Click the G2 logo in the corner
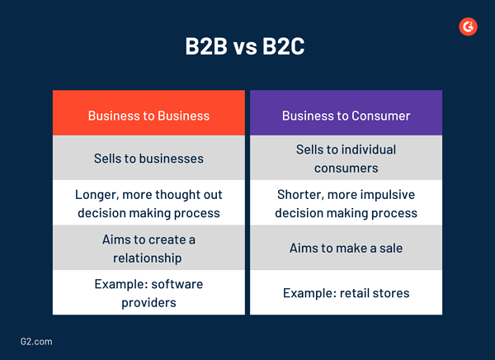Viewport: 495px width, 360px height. coord(468,26)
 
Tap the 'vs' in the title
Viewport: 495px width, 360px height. coord(246,48)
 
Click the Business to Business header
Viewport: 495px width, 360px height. coord(148,115)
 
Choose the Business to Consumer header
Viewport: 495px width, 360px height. coord(346,115)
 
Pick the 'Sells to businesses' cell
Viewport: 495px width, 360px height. coord(148,158)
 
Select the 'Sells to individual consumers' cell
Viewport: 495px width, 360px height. coord(346,159)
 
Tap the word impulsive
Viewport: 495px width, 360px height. coord(387,196)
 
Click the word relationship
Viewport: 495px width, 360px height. coord(148,258)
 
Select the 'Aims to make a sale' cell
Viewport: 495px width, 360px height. coord(346,248)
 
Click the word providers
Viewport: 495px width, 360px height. coord(148,302)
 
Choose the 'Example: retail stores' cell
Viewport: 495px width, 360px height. coord(346,293)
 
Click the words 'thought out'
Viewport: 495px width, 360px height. coord(191,196)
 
